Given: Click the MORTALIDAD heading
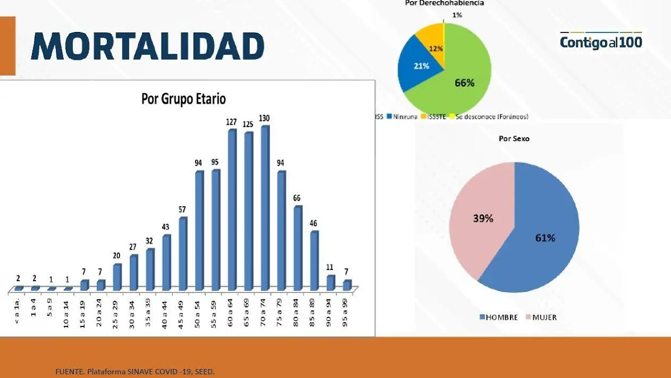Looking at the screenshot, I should point(148,46).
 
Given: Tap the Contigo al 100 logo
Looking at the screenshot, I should point(601,41).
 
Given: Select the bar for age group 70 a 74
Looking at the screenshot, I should point(265,208).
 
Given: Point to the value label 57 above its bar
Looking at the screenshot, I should point(183,209).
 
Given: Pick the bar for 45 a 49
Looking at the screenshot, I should point(183,254).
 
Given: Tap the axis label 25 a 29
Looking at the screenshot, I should point(116,310).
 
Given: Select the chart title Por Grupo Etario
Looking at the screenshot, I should point(183,99).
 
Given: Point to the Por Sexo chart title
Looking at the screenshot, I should point(513,138).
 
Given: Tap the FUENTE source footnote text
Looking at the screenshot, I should point(134,372).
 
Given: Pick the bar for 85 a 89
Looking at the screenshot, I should point(315,260).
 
